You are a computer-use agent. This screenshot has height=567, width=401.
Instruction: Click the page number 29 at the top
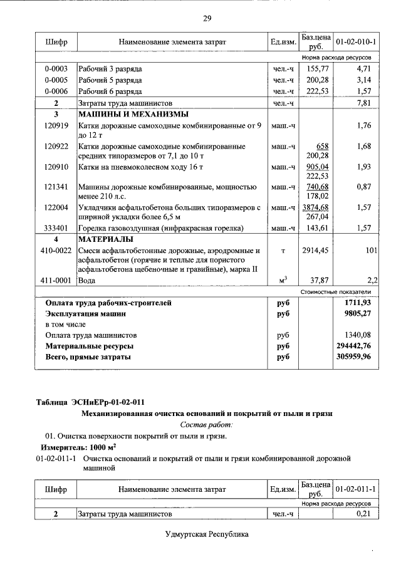click(206, 18)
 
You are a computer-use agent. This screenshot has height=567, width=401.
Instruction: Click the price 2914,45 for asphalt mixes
click(315, 251)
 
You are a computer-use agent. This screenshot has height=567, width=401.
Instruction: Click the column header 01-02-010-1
click(355, 41)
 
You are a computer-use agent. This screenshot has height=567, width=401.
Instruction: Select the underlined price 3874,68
click(315, 207)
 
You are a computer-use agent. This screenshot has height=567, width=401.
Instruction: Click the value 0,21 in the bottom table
click(363, 514)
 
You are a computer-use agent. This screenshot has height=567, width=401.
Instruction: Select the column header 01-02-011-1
click(355, 489)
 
